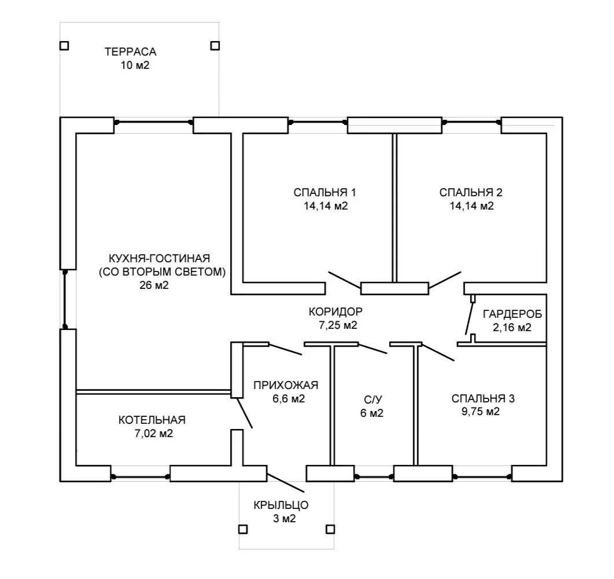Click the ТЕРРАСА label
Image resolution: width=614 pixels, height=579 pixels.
(x=131, y=52)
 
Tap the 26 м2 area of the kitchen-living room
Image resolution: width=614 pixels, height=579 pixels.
(x=154, y=285)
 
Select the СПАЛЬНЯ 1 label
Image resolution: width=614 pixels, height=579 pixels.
(x=324, y=193)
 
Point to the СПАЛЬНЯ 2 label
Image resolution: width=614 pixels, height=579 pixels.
(x=471, y=193)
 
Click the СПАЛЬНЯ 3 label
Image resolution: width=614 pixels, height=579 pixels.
(x=483, y=398)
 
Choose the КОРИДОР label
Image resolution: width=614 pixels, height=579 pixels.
(x=335, y=312)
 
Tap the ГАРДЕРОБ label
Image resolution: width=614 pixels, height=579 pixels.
(x=513, y=314)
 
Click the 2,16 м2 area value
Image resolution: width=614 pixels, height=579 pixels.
(x=512, y=328)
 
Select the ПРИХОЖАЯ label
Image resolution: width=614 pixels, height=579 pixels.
(x=286, y=385)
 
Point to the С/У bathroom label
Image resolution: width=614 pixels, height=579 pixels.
(x=373, y=400)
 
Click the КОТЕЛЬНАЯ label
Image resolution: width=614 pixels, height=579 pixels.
(x=152, y=420)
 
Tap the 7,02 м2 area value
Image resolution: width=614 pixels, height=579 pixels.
(x=154, y=434)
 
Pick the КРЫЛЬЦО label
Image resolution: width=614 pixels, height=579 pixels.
(x=281, y=505)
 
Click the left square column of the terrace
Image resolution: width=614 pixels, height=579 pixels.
(x=64, y=46)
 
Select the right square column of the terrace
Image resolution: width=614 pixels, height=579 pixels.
(x=215, y=46)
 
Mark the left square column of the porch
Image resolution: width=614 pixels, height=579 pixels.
(x=243, y=530)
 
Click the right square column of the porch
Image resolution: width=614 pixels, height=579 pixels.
(x=331, y=529)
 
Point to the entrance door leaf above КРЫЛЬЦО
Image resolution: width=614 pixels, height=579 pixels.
(x=286, y=483)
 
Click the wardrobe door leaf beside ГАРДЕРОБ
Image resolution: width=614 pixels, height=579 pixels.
(x=469, y=318)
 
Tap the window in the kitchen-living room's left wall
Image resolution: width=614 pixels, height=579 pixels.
(x=65, y=298)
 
